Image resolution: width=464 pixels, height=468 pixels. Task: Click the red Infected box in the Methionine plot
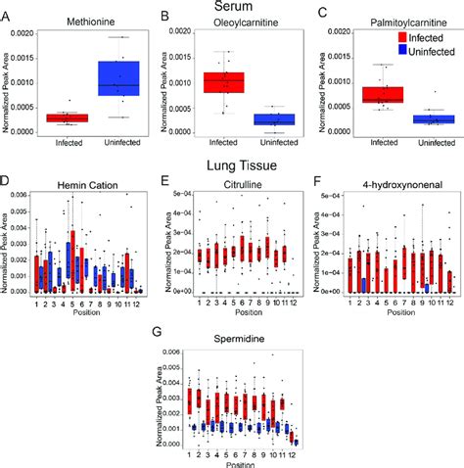pyautogui.click(x=69, y=117)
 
